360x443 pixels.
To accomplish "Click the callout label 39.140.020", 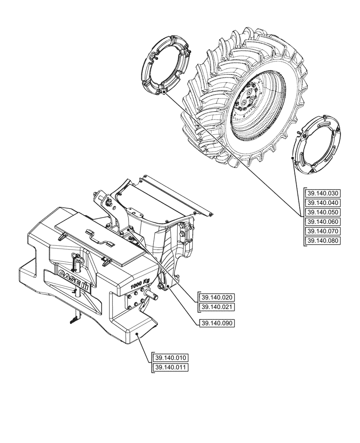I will coord(217,297).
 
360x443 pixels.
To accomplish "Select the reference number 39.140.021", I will coord(217,307).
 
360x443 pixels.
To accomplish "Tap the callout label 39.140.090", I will coord(217,323).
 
